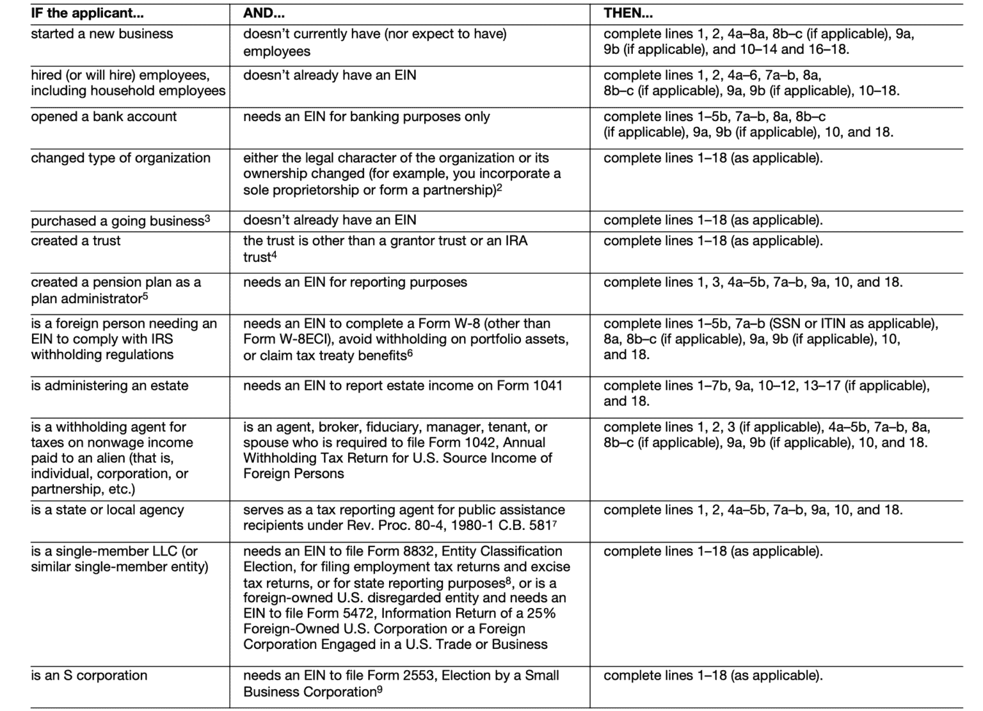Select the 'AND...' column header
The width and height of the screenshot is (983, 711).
point(264,13)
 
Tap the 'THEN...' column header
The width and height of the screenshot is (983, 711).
point(628,13)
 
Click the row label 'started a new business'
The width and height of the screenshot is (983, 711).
point(102,34)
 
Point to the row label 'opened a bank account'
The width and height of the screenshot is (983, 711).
point(104,116)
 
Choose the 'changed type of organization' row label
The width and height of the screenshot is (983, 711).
point(120,158)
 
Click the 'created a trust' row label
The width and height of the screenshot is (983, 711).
point(76,241)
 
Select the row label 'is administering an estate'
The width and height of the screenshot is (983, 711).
point(109,385)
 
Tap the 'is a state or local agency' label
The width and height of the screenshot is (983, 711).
point(107,510)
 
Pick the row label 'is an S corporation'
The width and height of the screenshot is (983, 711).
point(89,675)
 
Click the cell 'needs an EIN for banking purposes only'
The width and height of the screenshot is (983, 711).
point(366,116)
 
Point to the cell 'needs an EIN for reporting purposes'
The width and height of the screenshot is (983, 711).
point(355,282)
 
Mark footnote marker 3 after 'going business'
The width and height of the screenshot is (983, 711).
point(207,218)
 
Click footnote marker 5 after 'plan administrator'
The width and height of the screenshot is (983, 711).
point(145,296)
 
